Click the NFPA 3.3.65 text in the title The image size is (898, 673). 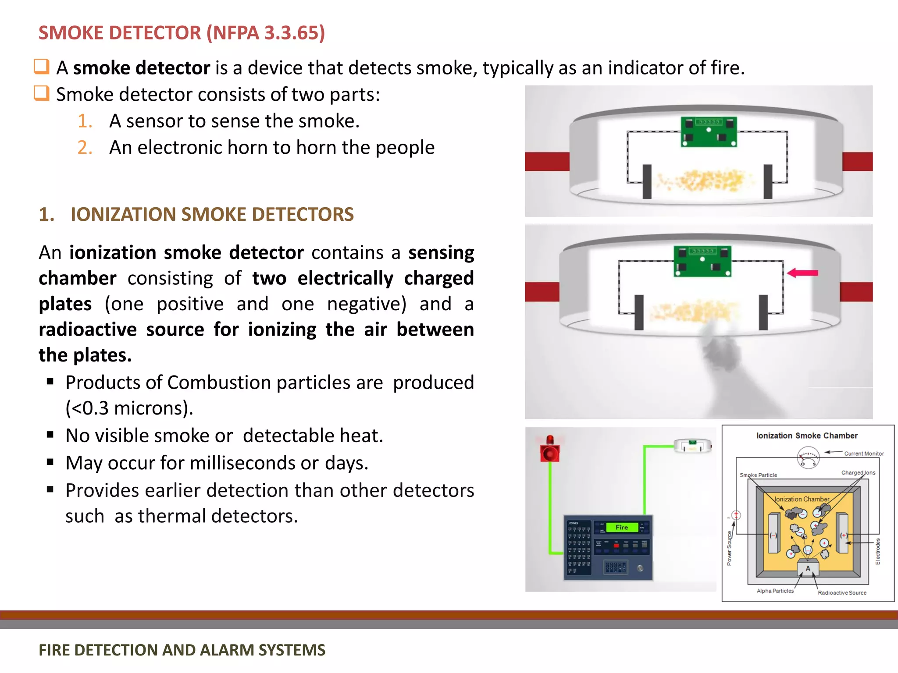click(x=265, y=33)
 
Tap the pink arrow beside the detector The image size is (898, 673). click(x=802, y=273)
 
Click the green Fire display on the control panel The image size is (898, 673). click(x=621, y=527)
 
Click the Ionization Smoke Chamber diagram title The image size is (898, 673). click(x=806, y=436)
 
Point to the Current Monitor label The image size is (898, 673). click(x=864, y=453)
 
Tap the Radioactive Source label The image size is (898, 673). click(x=842, y=593)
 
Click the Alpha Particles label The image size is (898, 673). click(x=775, y=591)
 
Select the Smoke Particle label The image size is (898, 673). click(x=758, y=475)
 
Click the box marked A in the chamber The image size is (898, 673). click(x=808, y=568)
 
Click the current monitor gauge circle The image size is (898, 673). click(x=808, y=458)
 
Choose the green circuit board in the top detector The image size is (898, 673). click(x=709, y=131)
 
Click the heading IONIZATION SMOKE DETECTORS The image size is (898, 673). click(x=212, y=215)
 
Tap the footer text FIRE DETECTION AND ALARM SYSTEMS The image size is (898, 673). click(x=182, y=650)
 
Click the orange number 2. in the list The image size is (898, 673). click(x=85, y=148)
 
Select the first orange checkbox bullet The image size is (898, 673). click(x=42, y=67)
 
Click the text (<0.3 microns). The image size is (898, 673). click(x=129, y=408)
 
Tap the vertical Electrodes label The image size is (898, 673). click(x=877, y=551)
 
